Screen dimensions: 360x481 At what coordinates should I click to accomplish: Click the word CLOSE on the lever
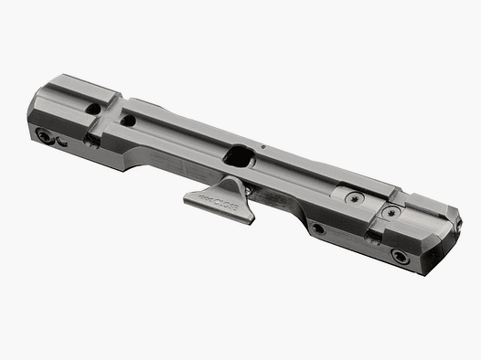tap(224, 196)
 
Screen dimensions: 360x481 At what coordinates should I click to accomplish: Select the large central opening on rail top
tap(240, 157)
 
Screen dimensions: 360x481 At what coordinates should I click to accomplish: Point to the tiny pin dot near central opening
tap(262, 144)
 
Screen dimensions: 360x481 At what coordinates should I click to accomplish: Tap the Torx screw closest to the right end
tap(392, 212)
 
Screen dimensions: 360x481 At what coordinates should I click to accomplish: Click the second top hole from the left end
tap(128, 120)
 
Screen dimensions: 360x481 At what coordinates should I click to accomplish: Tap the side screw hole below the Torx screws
tap(317, 228)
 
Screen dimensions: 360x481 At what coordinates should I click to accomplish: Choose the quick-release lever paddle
tap(217, 196)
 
